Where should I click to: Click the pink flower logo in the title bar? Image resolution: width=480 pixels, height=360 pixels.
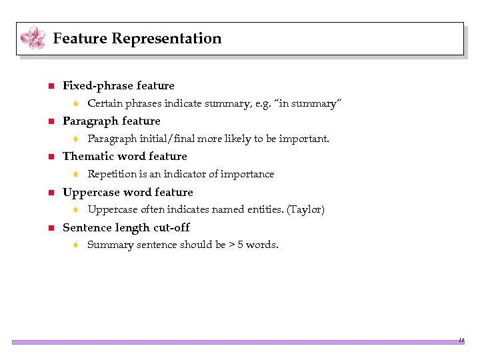33,38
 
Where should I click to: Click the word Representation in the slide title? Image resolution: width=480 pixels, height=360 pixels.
167,39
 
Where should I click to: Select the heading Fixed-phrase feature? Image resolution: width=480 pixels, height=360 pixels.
118,85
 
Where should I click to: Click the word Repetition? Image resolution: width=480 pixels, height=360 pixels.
112,174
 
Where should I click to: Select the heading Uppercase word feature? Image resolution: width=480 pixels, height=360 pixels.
127,192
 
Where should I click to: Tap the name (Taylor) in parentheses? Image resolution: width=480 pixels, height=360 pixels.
305,209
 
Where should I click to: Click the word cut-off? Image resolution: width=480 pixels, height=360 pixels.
171,227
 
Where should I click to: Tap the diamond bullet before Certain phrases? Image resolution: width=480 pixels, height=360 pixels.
77,104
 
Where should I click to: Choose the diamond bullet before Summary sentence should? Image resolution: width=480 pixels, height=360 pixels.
77,245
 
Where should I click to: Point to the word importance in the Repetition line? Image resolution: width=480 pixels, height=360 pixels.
248,174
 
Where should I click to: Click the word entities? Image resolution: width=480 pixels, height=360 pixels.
267,209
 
